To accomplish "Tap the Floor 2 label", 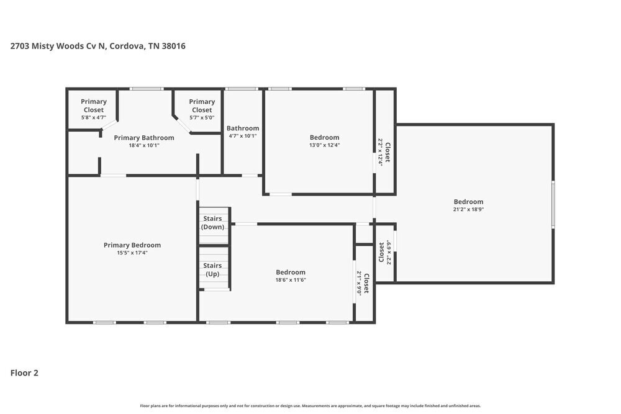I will click(x=24, y=373).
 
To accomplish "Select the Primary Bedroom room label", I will click(x=132, y=245).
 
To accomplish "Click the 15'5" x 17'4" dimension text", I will click(x=132, y=253).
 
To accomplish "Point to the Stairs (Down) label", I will click(x=212, y=222).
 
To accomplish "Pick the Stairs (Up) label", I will click(x=212, y=269).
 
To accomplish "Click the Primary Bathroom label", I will click(x=144, y=138).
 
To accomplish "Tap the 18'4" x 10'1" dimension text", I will click(x=144, y=145).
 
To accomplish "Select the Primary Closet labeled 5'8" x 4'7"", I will click(x=94, y=106).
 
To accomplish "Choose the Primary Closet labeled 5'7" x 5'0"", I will click(x=202, y=106).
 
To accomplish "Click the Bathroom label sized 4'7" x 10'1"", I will click(x=242, y=128).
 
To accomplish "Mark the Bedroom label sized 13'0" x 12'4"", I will click(x=325, y=138).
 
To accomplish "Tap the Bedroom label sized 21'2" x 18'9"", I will click(x=468, y=202).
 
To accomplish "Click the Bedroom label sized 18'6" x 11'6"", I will click(x=291, y=272).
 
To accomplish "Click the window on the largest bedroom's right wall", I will click(x=553, y=205).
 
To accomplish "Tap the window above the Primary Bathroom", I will click(x=147, y=89).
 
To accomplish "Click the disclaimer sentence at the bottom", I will click(x=310, y=405).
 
